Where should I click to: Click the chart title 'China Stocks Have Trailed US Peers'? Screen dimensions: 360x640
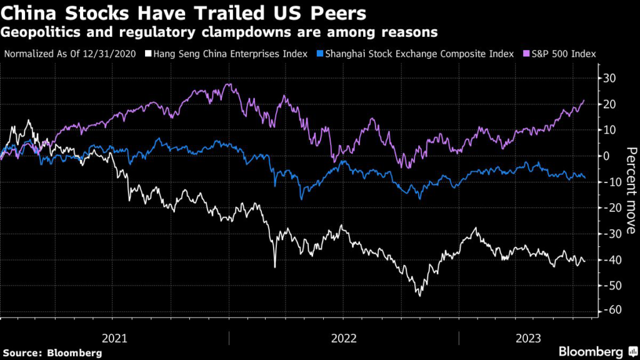pyautogui.click(x=184, y=13)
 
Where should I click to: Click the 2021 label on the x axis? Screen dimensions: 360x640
pyautogui.click(x=114, y=338)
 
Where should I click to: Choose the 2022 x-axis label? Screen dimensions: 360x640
pyautogui.click(x=344, y=338)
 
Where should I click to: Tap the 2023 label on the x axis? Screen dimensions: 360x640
pyautogui.click(x=528, y=338)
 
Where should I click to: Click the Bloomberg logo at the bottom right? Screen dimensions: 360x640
pyautogui.click(x=590, y=351)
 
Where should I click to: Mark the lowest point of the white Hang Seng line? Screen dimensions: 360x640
pyautogui.click(x=419, y=296)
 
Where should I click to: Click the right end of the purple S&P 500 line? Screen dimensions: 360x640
pyautogui.click(x=584, y=100)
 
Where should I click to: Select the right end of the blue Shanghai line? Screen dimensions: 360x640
pyautogui.click(x=585, y=177)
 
